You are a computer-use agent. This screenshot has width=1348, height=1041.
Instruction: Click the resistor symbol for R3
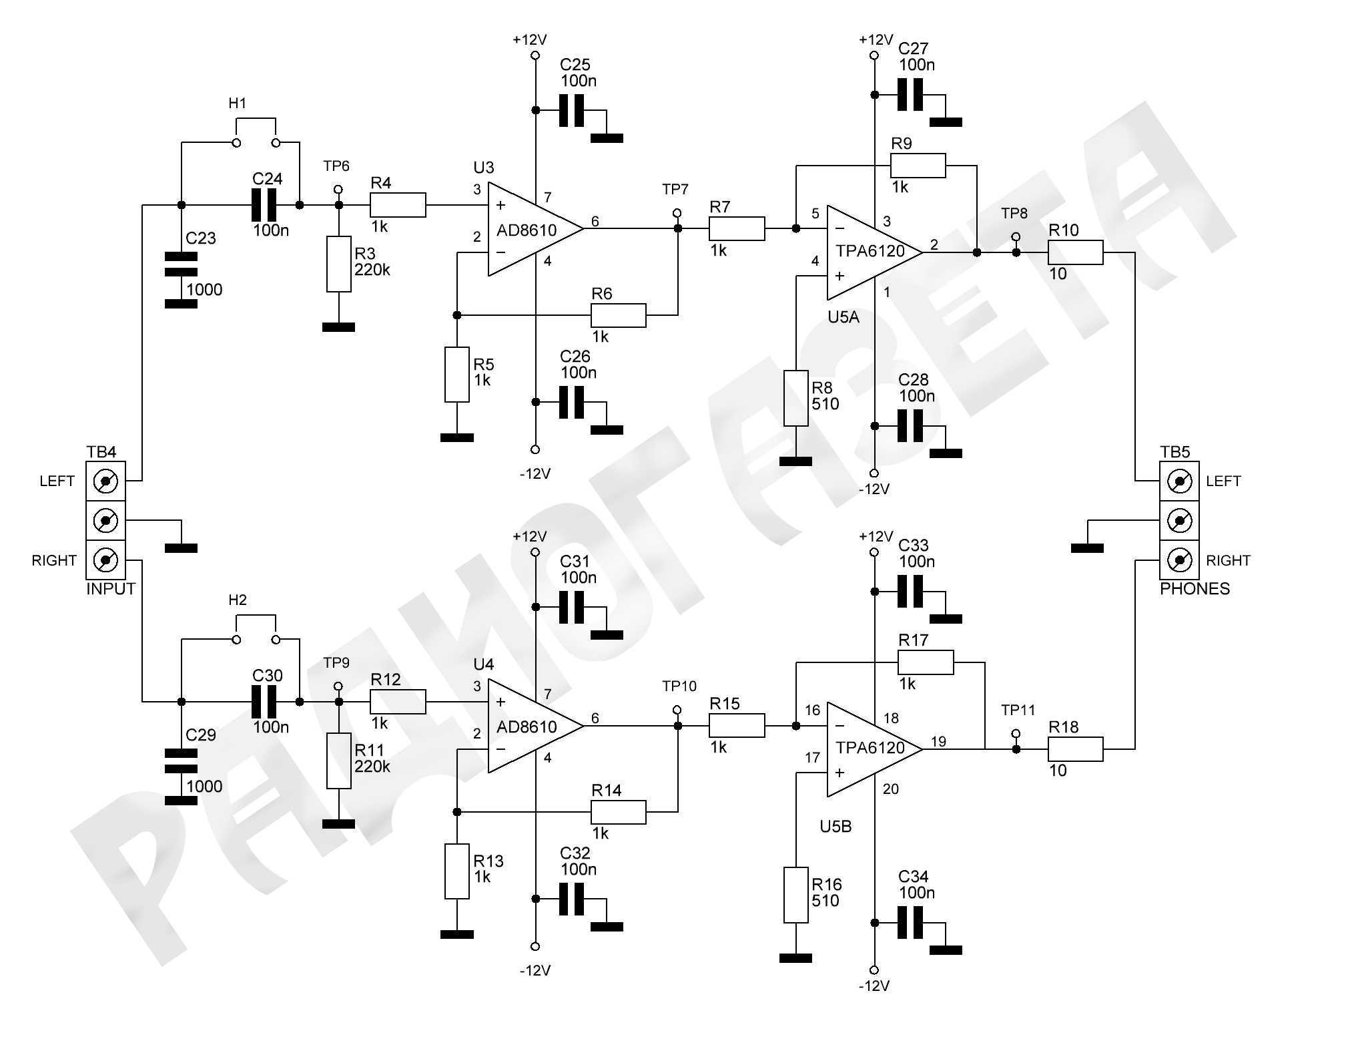[338, 264]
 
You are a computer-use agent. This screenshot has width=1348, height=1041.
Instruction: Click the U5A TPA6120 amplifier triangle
[872, 252]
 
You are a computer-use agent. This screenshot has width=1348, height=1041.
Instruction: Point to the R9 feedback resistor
[918, 166]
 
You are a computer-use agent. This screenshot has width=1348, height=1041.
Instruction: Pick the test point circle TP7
[677, 213]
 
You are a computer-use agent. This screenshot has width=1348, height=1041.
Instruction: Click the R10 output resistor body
[1075, 253]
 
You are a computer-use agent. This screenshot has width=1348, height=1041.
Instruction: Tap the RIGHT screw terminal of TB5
[1179, 560]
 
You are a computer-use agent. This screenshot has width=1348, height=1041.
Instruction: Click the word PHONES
[1195, 589]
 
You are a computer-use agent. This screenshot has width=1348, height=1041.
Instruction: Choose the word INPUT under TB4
[111, 589]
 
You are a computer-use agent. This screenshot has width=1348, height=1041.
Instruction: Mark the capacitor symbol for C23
[181, 264]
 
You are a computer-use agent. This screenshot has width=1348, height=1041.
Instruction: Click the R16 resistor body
[796, 895]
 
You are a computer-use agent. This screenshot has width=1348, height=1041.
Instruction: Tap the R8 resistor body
[796, 398]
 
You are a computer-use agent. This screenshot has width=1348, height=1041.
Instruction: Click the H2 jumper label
[238, 600]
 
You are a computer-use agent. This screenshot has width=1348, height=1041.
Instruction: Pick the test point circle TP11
[1016, 733]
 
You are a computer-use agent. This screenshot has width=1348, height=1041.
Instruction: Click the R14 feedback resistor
[618, 812]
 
